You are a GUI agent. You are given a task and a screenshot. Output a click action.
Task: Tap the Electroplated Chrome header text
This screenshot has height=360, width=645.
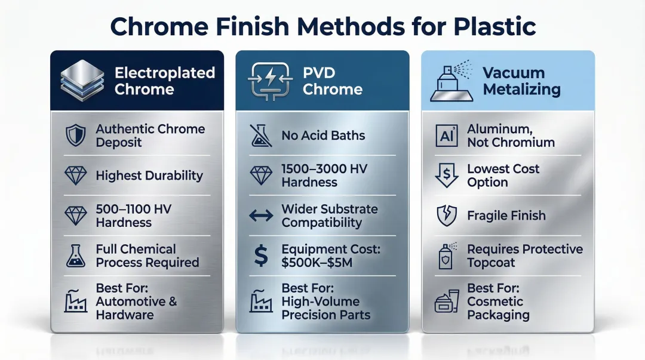(156, 81)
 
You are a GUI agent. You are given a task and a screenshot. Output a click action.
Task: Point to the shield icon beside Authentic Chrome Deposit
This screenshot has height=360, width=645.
(75, 136)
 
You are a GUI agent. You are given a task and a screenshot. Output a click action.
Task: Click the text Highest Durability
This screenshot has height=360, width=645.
(149, 176)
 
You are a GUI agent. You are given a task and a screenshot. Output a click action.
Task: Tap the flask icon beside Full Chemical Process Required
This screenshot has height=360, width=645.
(75, 256)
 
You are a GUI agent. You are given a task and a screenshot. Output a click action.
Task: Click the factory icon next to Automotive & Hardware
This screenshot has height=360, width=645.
(75, 302)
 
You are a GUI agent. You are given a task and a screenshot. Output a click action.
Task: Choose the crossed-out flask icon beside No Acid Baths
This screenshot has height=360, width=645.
(261, 136)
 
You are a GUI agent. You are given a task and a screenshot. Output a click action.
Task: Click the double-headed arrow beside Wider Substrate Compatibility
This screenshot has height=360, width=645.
(261, 216)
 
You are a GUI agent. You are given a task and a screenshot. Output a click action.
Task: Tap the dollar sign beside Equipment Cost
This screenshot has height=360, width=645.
(261, 256)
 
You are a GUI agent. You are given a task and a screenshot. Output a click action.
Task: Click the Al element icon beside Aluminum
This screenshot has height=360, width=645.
(447, 136)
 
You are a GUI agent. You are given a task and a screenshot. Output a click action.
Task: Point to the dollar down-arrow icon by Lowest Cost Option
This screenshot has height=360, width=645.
(447, 176)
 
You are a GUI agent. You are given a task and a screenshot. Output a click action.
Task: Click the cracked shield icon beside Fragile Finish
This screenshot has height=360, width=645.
(447, 216)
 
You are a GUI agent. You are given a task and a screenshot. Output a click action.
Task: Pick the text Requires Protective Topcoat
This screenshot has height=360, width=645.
(524, 256)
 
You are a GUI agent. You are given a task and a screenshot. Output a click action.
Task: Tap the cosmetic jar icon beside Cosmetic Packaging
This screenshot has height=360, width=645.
(447, 302)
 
